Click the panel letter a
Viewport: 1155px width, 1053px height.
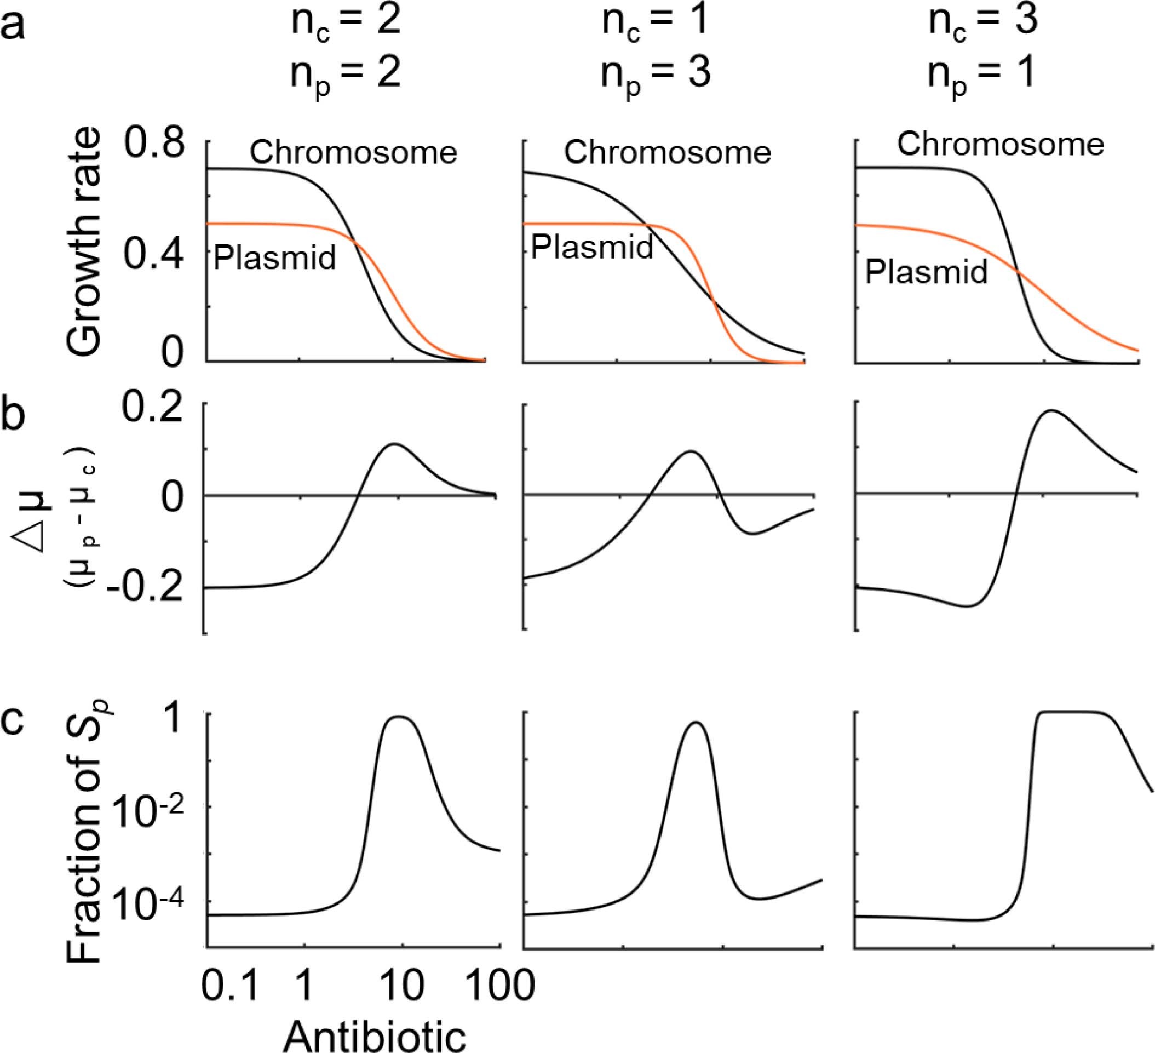click(x=13, y=26)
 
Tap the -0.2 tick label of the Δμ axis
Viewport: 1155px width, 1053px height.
click(x=148, y=589)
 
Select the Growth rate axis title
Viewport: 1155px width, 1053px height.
click(x=84, y=244)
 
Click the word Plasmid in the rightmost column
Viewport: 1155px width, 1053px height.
click(x=926, y=271)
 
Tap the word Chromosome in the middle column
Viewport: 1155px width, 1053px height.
click(x=668, y=152)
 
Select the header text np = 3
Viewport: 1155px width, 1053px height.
click(x=655, y=75)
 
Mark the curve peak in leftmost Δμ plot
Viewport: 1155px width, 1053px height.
click(x=394, y=444)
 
